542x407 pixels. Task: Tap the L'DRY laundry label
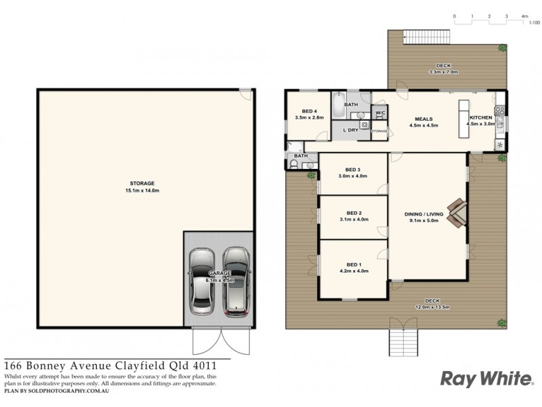click(351, 130)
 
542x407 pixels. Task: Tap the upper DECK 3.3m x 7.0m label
click(444, 69)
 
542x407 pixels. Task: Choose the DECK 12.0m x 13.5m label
click(432, 304)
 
